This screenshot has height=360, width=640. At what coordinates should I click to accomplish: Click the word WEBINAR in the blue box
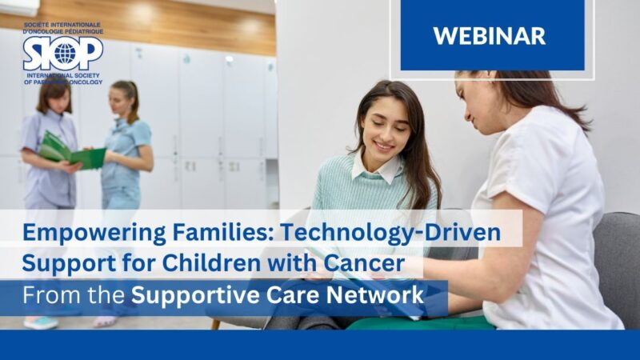click(x=489, y=35)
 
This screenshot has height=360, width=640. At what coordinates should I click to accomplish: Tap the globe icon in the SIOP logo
click(x=63, y=54)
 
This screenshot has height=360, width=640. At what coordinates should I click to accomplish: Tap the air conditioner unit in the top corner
click(x=19, y=6)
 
